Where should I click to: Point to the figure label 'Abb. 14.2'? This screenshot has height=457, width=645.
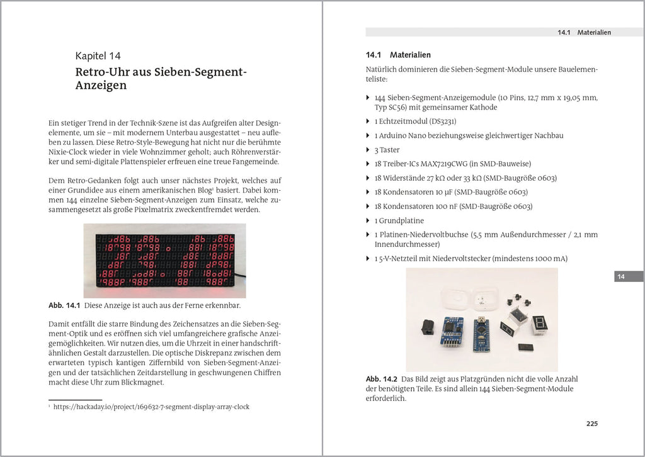pos(382,380)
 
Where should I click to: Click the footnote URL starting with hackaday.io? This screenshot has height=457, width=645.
pos(151,407)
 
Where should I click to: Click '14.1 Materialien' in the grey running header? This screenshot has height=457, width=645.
pos(584,32)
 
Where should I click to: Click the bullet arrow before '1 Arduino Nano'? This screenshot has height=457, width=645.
pos(368,136)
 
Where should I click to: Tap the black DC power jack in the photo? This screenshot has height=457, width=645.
pos(429,328)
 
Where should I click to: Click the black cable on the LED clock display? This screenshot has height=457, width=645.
pos(239,275)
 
